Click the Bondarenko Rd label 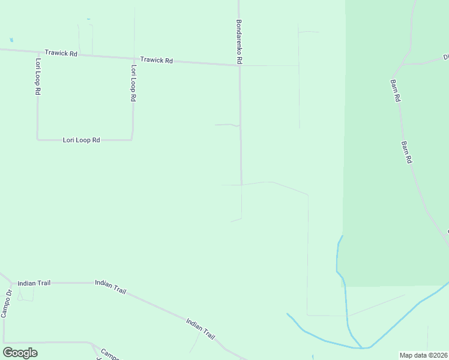tap(239, 41)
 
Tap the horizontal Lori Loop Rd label tap(82, 140)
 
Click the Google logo tap(20, 352)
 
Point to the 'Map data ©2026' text tap(423, 355)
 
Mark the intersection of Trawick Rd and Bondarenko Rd tap(240, 65)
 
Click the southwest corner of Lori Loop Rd tap(38, 140)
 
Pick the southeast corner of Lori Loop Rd tap(131, 139)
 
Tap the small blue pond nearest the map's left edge tap(10, 40)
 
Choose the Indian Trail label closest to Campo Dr tap(34, 283)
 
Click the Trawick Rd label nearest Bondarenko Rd tap(157, 60)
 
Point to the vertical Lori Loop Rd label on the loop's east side tap(133, 83)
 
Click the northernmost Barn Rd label tap(395, 90)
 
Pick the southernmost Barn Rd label tap(406, 152)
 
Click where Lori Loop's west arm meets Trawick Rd tap(38, 52)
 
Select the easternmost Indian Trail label tap(200, 329)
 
